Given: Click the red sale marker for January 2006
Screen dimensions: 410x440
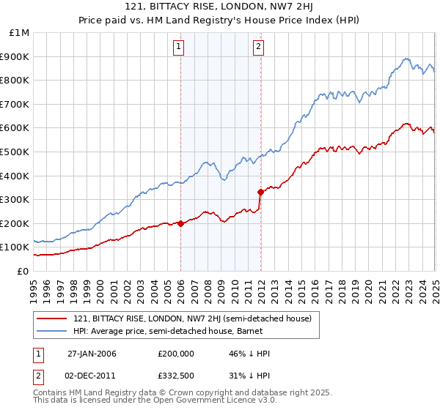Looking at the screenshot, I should [x=181, y=223].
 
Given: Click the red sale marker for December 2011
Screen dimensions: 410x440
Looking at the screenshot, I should [x=260, y=192].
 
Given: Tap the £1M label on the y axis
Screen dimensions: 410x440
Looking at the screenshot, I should [x=21, y=32].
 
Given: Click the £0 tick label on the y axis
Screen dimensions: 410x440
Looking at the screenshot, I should [x=23, y=271].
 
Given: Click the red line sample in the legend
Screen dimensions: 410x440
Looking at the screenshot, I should [x=52, y=318].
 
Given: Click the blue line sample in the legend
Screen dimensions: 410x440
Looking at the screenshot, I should [x=52, y=332].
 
